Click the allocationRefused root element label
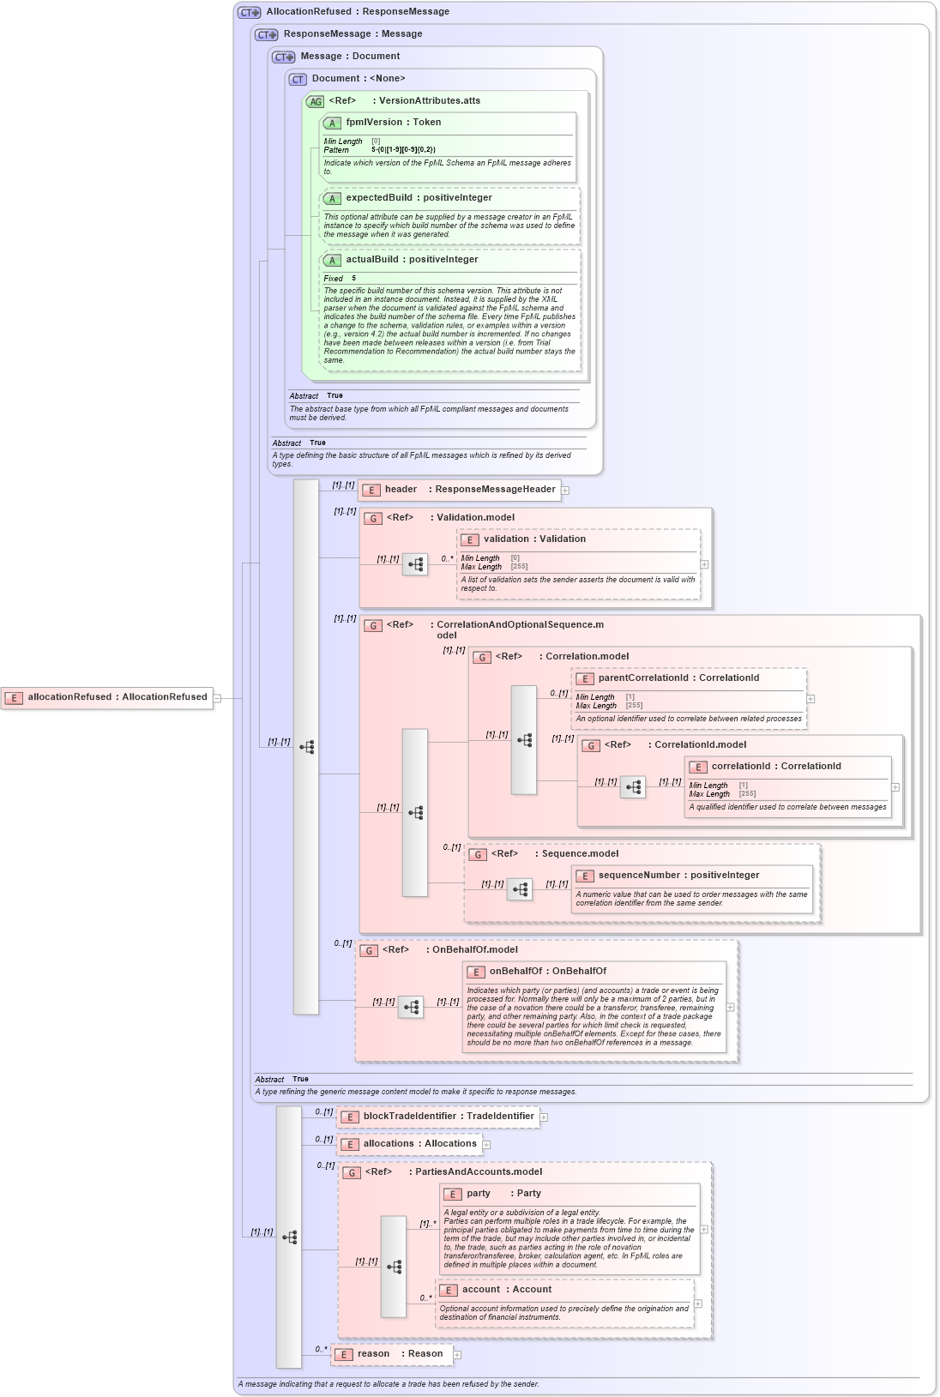[117, 697]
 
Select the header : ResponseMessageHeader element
[469, 490]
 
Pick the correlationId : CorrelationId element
[775, 767]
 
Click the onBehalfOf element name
[547, 972]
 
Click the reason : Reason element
[400, 1354]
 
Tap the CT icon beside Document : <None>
[298, 80]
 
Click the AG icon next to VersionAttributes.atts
[315, 102]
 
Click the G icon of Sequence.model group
[478, 855]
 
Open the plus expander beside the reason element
[457, 1355]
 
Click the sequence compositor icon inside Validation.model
[415, 564]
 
